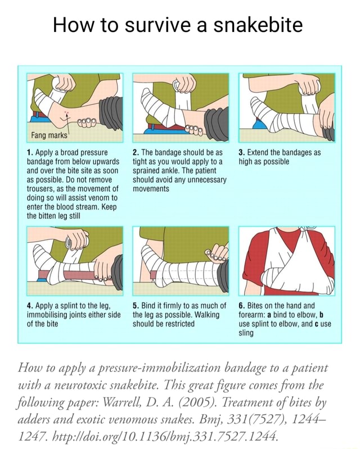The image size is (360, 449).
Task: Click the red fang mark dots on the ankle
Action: point(67,114)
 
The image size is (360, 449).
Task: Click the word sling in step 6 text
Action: point(246,333)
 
